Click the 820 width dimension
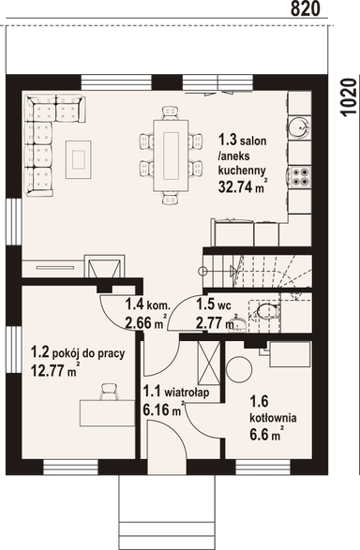pyautogui.click(x=306, y=8)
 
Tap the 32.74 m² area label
pyautogui.click(x=241, y=186)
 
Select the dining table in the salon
pyautogui.click(x=171, y=156)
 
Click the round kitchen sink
pyautogui.click(x=299, y=126)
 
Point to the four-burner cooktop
pyautogui.click(x=301, y=176)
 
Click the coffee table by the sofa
pyautogui.click(x=78, y=159)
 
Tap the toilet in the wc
pyautogui.click(x=268, y=311)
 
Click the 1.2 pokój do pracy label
pyautogui.click(x=78, y=353)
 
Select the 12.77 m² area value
pyautogui.click(x=54, y=370)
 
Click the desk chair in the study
pyautogui.click(x=109, y=392)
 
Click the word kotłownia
pyautogui.click(x=273, y=418)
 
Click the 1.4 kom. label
pyautogui.click(x=148, y=305)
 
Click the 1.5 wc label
pyautogui.click(x=214, y=305)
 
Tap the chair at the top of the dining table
pyautogui.click(x=171, y=113)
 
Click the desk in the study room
pyautogui.click(x=108, y=413)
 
